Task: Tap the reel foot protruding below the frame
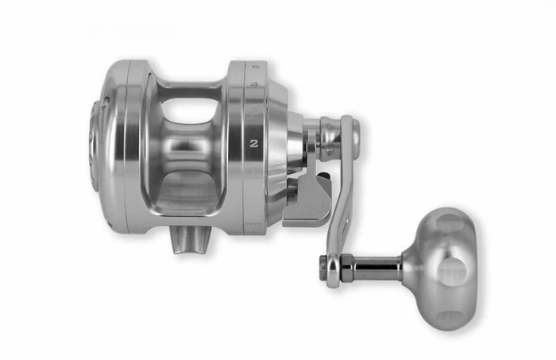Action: coord(190,239)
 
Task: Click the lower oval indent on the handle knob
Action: coord(450,319)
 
